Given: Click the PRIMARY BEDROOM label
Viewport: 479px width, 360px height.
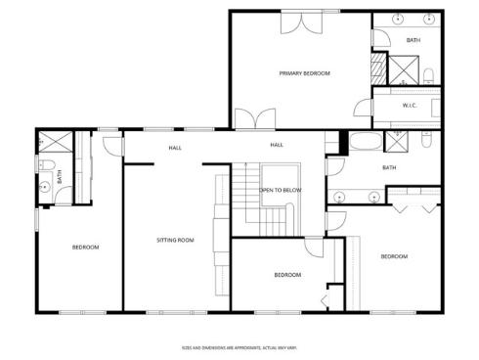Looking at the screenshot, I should (x=304, y=73).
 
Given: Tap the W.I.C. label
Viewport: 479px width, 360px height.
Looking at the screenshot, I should (x=411, y=106).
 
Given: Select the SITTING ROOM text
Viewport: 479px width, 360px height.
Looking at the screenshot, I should (x=176, y=240).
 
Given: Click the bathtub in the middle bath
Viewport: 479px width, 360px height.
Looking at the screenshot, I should (x=369, y=143).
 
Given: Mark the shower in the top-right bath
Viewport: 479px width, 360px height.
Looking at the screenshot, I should (x=403, y=67).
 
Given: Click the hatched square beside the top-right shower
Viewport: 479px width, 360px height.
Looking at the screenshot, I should (x=378, y=69).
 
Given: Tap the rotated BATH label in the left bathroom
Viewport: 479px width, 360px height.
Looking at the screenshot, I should (x=59, y=178).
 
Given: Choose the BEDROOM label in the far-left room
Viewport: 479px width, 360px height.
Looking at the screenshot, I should (x=85, y=247).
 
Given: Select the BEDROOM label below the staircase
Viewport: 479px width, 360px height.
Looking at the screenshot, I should (x=286, y=275).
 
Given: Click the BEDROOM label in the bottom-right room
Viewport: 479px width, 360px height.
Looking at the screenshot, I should (x=393, y=256).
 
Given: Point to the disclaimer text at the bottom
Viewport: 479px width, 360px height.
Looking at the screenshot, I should (x=239, y=346).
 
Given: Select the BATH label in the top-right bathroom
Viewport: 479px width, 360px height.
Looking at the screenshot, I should (x=414, y=40).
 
